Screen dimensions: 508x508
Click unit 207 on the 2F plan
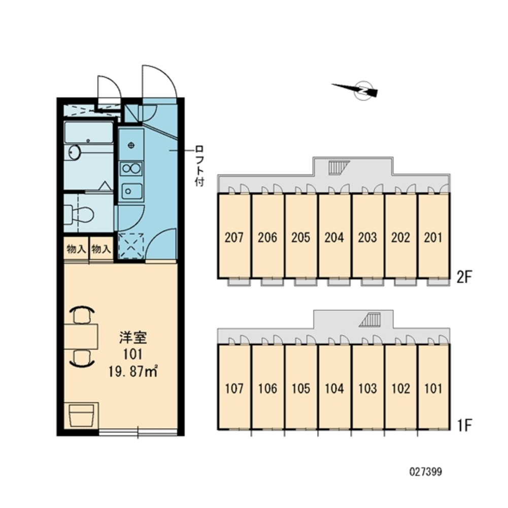(234, 236)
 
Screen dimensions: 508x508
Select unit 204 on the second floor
(334, 236)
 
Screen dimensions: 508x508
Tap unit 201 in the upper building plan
(433, 236)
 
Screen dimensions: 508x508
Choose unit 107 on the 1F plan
(234, 387)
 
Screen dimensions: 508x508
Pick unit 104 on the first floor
(334, 387)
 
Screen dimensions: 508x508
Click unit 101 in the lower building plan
(433, 387)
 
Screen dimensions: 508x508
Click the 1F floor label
(464, 425)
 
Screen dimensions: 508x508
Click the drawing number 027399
(425, 471)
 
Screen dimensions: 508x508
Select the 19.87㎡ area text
(133, 371)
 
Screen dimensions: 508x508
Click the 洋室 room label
(133, 338)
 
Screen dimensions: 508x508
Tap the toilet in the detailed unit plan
(79, 214)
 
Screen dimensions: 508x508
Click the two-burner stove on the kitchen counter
(131, 168)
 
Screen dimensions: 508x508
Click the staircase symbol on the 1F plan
(369, 320)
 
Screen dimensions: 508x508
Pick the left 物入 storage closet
(76, 249)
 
